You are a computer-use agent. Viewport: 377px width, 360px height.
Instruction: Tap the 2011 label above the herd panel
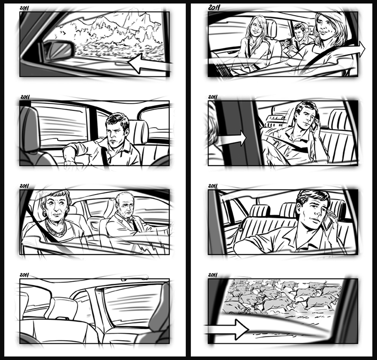(x=213, y=275)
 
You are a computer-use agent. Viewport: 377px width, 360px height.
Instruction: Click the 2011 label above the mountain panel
(x=24, y=8)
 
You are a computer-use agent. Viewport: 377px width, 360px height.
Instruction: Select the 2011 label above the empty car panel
(x=24, y=275)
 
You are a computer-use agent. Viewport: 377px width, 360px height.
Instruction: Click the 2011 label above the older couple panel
(x=24, y=186)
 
